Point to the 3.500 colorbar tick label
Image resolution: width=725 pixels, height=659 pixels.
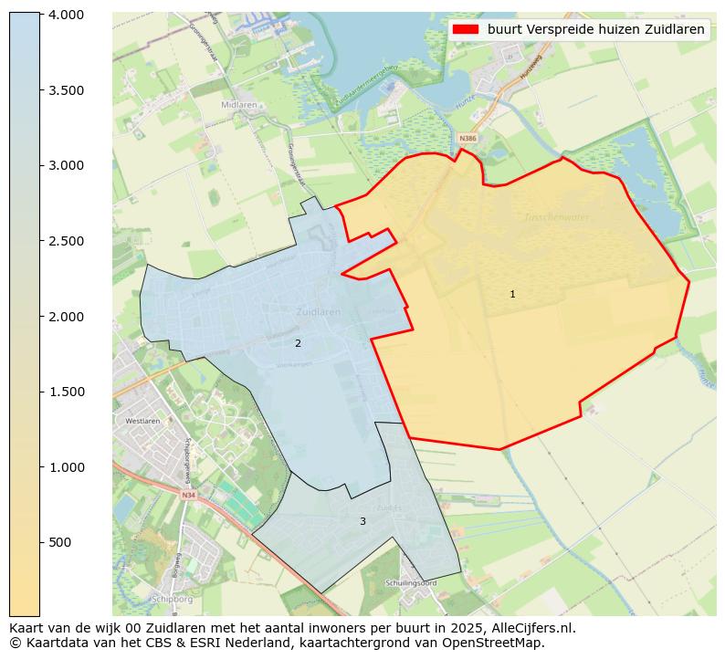(x=66, y=90)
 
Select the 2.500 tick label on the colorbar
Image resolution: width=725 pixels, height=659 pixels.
(x=66, y=241)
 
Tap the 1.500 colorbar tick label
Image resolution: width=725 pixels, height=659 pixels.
(x=66, y=392)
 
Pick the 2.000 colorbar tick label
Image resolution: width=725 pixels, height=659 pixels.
(x=66, y=317)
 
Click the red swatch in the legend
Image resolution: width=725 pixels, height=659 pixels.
(x=466, y=29)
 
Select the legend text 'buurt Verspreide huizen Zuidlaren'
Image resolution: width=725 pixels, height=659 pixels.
(x=595, y=29)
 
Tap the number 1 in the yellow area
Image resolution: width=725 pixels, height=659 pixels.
(x=512, y=294)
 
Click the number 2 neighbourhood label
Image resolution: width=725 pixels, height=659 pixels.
(x=298, y=343)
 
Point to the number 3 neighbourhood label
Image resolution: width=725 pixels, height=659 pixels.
(x=362, y=521)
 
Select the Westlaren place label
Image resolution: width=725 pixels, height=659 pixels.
(x=142, y=422)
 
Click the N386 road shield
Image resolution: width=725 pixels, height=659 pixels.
(x=467, y=139)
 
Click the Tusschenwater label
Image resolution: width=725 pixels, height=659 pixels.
(x=557, y=217)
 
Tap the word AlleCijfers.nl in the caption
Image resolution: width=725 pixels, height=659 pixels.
(x=527, y=628)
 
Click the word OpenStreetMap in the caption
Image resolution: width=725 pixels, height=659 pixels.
(x=499, y=643)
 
